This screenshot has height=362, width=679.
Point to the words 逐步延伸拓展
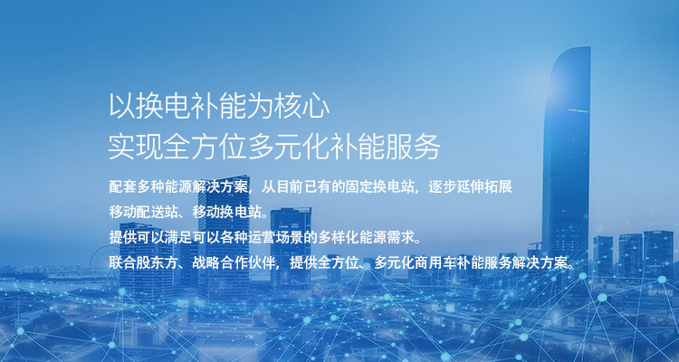click(470, 187)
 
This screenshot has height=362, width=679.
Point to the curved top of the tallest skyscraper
click(572, 52)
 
